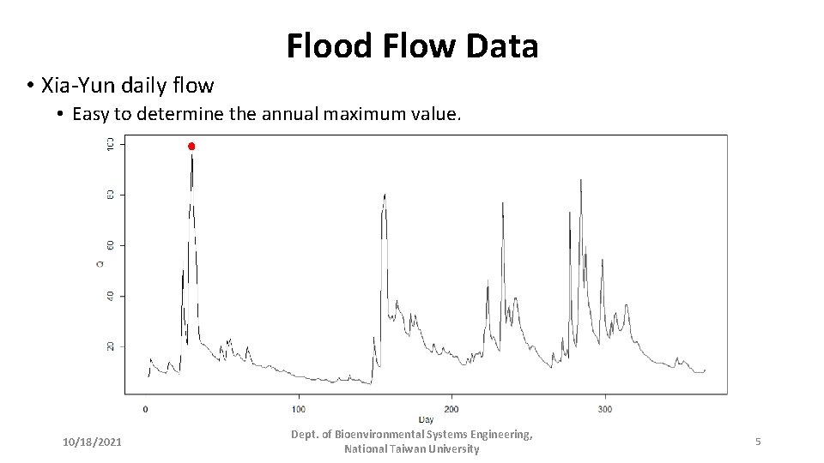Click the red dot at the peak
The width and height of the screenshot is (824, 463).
pos(191,147)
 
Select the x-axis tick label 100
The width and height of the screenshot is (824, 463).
pos(299,409)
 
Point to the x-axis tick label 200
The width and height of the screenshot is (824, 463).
pos(451,409)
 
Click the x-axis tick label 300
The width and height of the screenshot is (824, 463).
pos(604,409)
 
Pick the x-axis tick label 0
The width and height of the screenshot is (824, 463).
pos(145,409)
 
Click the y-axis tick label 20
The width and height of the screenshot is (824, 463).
pos(110,346)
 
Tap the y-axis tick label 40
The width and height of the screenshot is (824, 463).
pos(110,296)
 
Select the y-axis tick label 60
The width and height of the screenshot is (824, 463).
pos(110,245)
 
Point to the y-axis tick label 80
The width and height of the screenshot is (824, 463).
pos(110,195)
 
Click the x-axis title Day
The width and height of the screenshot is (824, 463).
pos(426,419)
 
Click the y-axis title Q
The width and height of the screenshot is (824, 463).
pos(100,263)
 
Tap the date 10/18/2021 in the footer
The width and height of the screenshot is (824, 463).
pos(92,442)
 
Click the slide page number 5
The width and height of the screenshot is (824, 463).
pos(758,442)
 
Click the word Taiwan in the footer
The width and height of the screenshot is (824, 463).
pos(411,449)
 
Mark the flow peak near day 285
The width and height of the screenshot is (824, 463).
pos(581,181)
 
